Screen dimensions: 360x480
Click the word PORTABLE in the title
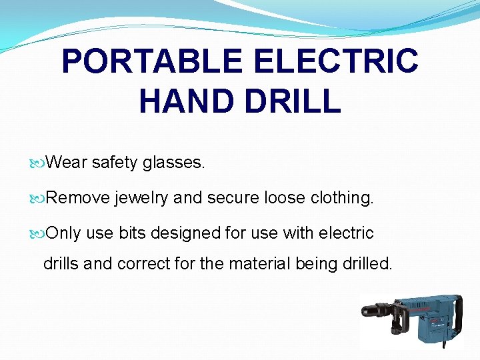[x=152, y=61]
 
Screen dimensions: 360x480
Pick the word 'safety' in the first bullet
[x=114, y=162]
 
